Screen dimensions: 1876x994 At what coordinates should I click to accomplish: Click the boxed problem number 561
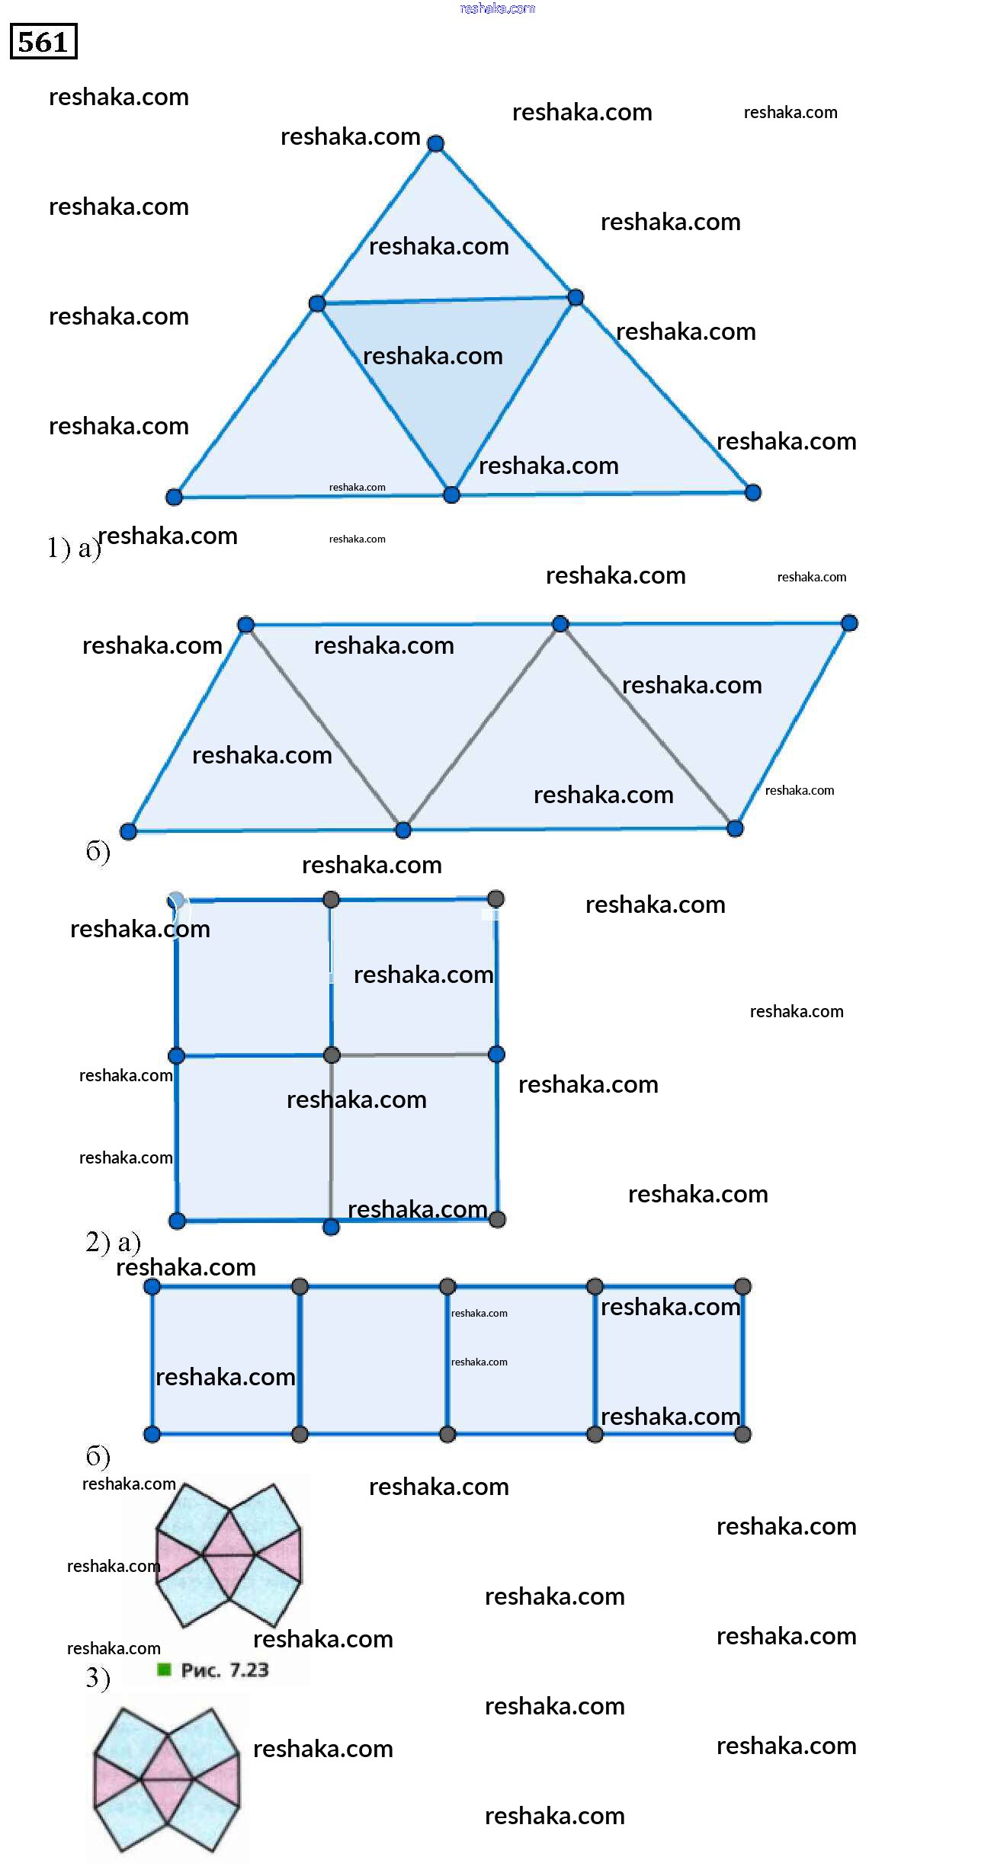43,42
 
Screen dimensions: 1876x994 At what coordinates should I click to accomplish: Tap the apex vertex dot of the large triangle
435,143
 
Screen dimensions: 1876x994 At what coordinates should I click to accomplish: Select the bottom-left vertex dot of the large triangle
174,497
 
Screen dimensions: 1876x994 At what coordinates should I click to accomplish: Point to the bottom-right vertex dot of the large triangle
752,492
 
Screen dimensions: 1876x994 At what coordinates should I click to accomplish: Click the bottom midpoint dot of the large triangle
451,495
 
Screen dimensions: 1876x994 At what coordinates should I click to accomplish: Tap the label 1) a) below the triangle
74,548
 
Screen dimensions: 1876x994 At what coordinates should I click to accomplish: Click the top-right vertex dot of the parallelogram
849,623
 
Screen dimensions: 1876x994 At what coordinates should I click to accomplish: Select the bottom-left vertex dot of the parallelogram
128,831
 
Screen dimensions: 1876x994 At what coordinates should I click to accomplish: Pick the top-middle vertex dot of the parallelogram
560,624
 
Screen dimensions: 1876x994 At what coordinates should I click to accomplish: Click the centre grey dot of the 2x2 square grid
332,1055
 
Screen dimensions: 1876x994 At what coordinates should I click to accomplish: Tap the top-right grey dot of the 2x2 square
495,898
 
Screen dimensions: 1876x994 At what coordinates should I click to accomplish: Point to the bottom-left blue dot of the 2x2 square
177,1221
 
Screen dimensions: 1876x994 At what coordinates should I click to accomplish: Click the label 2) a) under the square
113,1243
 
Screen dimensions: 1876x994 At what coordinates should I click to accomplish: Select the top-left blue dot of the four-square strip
152,1287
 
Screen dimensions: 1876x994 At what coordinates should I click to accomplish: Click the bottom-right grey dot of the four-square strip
742,1434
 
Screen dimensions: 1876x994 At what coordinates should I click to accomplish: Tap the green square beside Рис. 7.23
164,1670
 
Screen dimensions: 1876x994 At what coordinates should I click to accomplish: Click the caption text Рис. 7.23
225,1670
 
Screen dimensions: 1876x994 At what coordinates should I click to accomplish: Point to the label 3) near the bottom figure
98,1678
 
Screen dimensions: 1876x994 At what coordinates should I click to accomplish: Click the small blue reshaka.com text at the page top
497,8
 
